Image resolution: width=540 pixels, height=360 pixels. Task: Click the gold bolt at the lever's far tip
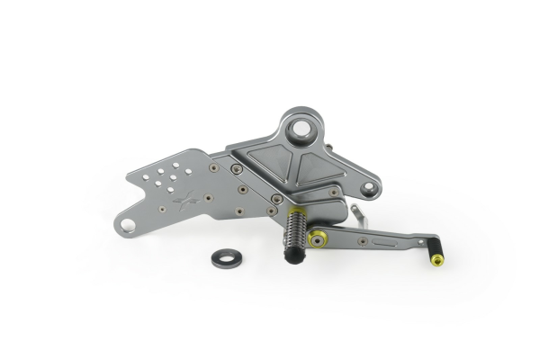(436, 261)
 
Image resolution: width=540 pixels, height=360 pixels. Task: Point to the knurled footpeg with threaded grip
(294, 234)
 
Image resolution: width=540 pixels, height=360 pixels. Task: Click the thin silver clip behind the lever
(358, 214)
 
